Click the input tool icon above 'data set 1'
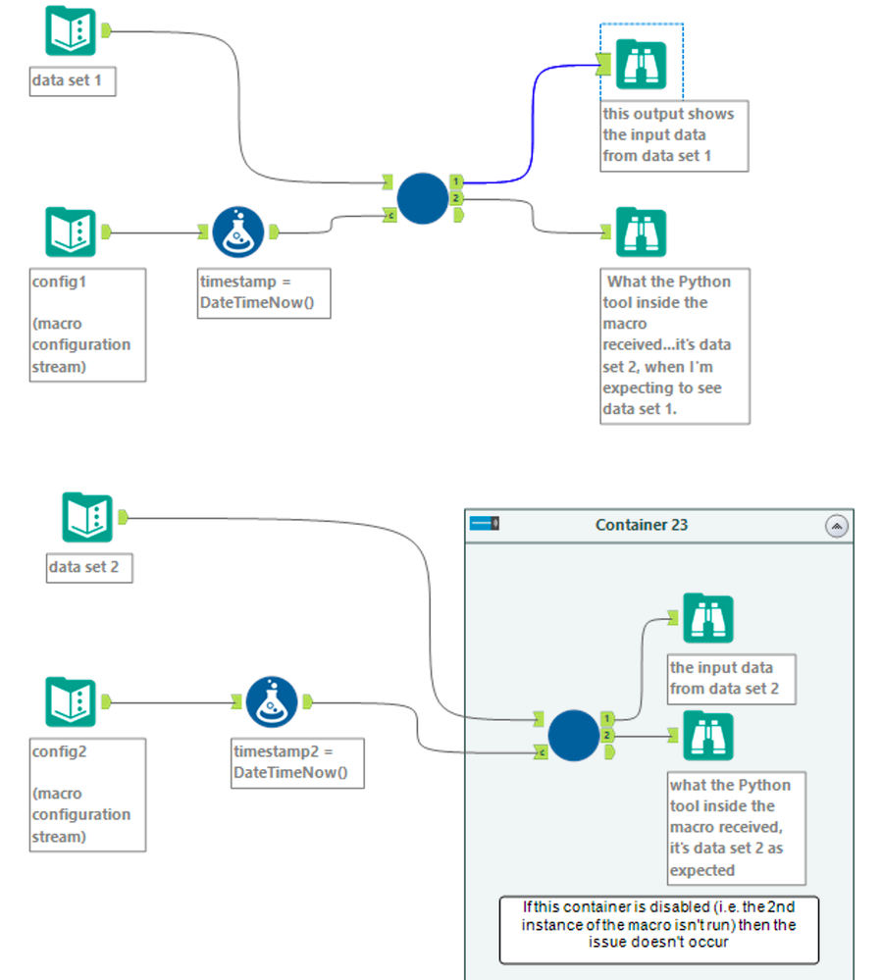pyautogui.click(x=71, y=31)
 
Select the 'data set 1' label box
pyautogui.click(x=73, y=80)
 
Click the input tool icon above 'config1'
pyautogui.click(x=71, y=233)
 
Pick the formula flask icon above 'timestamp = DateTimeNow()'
pyautogui.click(x=237, y=232)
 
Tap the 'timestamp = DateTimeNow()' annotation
pyautogui.click(x=263, y=292)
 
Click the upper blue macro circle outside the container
pyautogui.click(x=424, y=198)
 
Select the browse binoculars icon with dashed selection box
pyautogui.click(x=642, y=66)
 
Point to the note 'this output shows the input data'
pyautogui.click(x=674, y=134)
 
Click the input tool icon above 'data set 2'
pyautogui.click(x=87, y=518)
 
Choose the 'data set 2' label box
pyautogui.click(x=89, y=567)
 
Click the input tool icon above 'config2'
pyautogui.click(x=71, y=703)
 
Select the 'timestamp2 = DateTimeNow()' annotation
pyautogui.click(x=297, y=762)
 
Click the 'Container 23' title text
pyautogui.click(x=642, y=525)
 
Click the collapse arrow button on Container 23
pyautogui.click(x=837, y=526)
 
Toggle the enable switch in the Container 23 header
pyautogui.click(x=486, y=524)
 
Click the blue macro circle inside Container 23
pyautogui.click(x=573, y=736)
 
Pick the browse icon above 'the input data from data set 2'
pyautogui.click(x=708, y=619)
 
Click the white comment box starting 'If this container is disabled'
pyautogui.click(x=658, y=929)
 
